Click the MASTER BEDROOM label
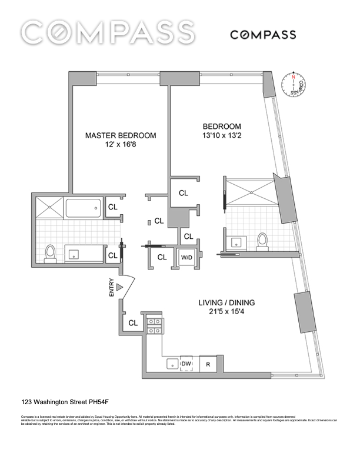pos(121,135)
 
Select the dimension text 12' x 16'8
pos(121,146)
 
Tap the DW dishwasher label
pos(186,364)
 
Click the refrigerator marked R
pos(208,364)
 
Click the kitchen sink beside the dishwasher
pos(171,364)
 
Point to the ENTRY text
pos(111,287)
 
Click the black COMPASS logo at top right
pos(262,35)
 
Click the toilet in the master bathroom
pos(51,252)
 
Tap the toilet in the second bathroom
pos(263,241)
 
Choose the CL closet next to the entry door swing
pos(133,322)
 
